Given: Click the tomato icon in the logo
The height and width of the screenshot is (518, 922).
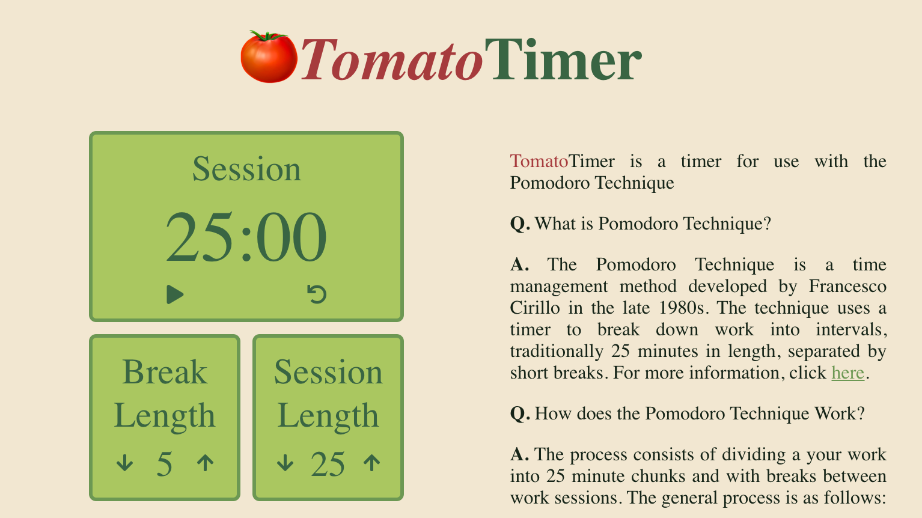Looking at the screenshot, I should [268, 57].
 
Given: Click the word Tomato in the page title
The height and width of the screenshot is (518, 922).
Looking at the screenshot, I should [391, 60].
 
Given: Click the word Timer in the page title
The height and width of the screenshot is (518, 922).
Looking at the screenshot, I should [563, 60].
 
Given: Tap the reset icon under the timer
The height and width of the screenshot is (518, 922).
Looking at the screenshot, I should [317, 294].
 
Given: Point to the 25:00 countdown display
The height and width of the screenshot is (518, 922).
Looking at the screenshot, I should [246, 238].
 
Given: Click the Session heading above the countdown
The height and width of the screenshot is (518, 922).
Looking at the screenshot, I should [246, 169].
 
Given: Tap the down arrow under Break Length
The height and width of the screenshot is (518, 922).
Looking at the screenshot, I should [124, 463].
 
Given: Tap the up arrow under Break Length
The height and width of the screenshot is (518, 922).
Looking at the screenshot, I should [206, 463].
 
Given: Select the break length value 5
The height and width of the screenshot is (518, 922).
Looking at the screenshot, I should [164, 465].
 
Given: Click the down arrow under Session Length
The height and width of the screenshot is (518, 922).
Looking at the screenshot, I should [285, 463].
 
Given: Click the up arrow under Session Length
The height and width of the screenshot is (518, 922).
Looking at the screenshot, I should [372, 463].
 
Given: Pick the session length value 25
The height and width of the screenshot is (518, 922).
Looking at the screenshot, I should [328, 465].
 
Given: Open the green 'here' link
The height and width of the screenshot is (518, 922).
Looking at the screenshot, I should [847, 373].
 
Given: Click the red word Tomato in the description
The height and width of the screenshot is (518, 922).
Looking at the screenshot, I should [539, 161].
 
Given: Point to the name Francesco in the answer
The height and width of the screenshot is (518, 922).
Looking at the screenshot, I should [847, 286].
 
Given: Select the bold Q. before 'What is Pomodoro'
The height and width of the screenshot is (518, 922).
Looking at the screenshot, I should [520, 224].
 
